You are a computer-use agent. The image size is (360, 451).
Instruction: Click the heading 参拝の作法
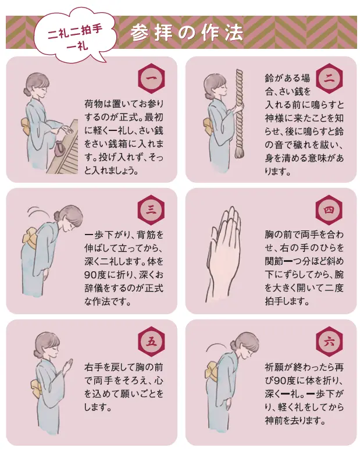187,32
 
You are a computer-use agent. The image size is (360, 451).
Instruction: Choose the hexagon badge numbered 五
151,342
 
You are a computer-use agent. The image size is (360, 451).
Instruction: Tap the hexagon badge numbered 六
329,342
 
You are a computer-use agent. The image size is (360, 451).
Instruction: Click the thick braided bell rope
239,109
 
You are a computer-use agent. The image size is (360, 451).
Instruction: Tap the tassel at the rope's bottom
239,151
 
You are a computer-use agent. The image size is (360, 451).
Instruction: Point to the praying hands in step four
224,254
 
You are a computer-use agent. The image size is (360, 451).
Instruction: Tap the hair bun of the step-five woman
37,353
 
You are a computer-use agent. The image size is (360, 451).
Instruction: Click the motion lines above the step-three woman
38,212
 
